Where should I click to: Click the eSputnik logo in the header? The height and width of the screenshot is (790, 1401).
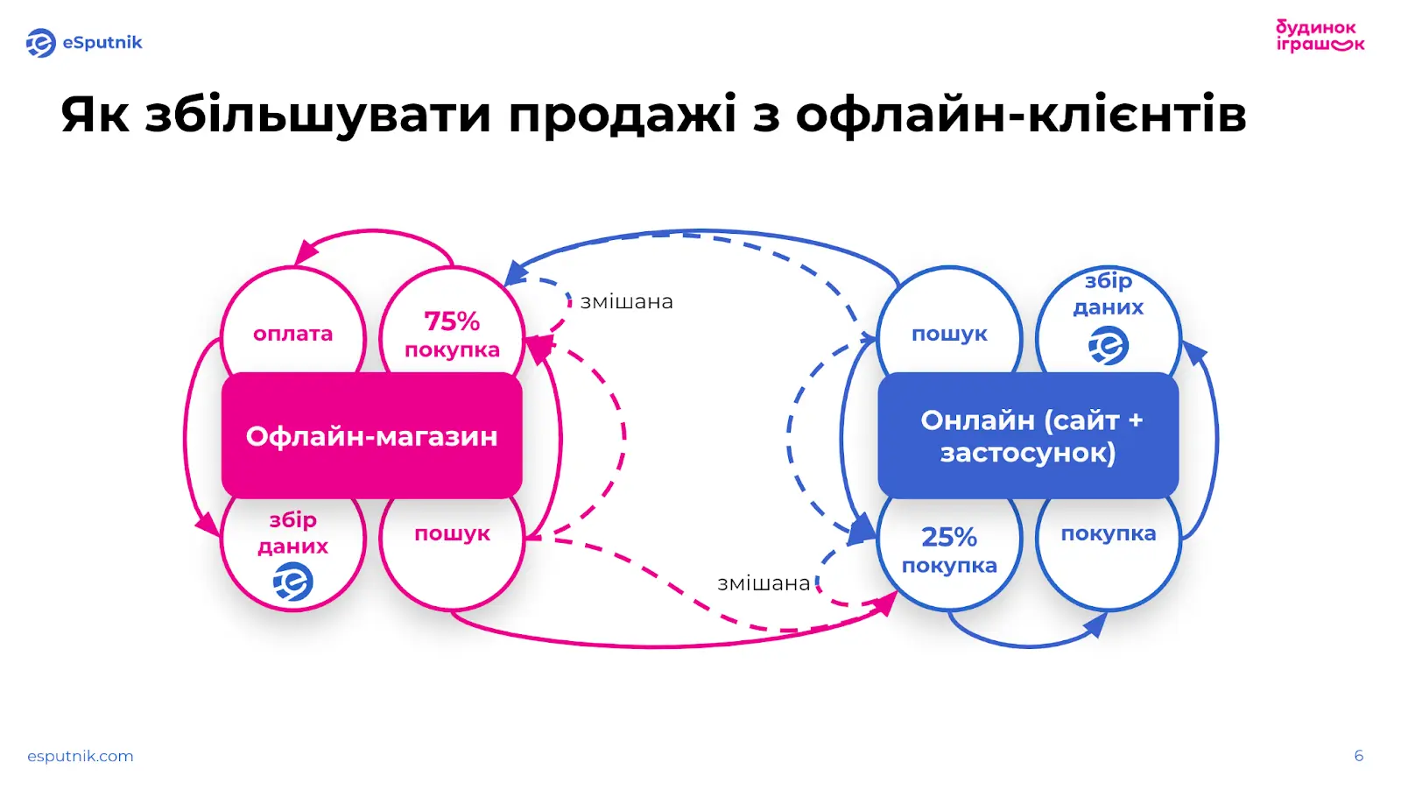coord(84,43)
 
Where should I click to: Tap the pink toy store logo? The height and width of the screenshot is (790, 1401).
coord(1319,36)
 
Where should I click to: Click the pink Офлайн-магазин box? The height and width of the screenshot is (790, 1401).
coord(371,436)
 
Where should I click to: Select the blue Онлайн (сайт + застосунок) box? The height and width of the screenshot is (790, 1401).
coord(1028,436)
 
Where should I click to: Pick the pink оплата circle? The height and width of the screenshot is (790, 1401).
coord(292,334)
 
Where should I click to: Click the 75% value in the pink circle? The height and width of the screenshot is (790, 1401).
coord(452,321)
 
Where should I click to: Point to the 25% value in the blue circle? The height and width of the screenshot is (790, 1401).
coord(949,536)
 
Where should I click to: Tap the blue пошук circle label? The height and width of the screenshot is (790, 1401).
coord(949,334)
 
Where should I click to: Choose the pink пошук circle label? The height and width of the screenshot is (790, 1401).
coord(452,533)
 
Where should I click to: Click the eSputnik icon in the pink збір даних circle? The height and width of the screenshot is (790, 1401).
coord(293,582)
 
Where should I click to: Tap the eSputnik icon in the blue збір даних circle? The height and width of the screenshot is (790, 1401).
coord(1109,346)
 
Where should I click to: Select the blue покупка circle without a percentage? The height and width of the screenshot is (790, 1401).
coord(1109,534)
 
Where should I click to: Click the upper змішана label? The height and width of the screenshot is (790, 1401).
coord(627,302)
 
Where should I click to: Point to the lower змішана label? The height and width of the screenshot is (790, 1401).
coord(764,583)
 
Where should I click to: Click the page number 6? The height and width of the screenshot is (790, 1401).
coord(1358,756)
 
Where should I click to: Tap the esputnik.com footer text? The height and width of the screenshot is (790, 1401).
coord(81,756)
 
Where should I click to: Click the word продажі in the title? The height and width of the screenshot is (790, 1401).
coord(622,115)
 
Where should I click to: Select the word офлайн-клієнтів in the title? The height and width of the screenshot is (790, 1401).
coord(1020,115)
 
